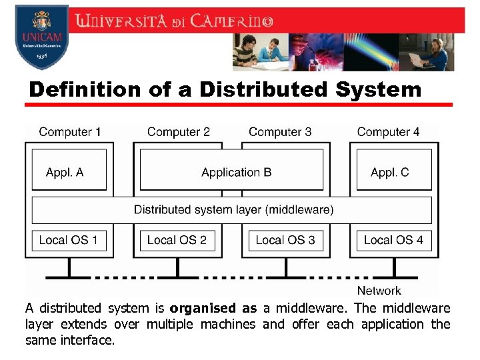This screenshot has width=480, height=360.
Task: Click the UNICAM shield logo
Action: coord(41,36)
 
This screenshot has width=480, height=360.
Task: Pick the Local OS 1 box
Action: coord(69,240)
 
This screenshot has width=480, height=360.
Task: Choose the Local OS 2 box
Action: coord(177,240)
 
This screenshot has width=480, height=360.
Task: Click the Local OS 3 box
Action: coord(285,240)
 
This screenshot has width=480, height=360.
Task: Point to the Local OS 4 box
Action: coord(394,240)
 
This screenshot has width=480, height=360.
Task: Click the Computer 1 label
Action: coord(69,132)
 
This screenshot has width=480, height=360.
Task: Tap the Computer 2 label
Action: coord(179,132)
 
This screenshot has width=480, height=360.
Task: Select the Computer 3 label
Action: coord(280,132)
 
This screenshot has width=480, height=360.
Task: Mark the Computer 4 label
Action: coord(388,132)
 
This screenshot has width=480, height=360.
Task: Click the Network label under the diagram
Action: coord(379,291)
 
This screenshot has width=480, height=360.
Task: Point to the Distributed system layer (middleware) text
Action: coord(233,209)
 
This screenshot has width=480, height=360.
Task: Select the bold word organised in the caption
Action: coord(203,308)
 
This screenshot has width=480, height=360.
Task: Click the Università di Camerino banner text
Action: coord(175,21)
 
